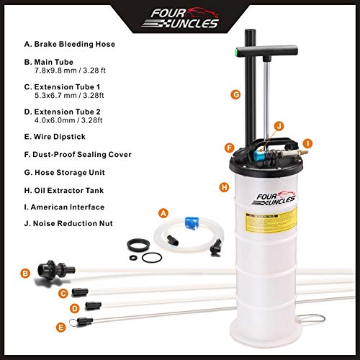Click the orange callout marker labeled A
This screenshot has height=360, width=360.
pyautogui.click(x=163, y=212)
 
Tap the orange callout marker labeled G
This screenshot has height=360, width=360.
pyautogui.click(x=235, y=94)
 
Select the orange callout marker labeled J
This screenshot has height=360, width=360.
pyautogui.click(x=278, y=126)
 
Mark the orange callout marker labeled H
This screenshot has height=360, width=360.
pyautogui.click(x=224, y=186)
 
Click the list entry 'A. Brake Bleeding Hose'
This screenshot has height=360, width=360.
pyautogui.click(x=71, y=44)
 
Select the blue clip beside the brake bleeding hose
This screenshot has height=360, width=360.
pyautogui.click(x=192, y=223)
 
